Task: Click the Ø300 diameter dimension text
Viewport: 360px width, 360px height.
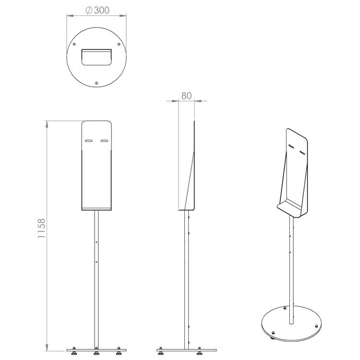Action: (97, 10)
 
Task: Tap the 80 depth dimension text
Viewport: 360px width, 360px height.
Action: (186, 96)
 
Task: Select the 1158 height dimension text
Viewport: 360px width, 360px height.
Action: (41, 228)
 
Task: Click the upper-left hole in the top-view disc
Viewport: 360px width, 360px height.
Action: (74, 44)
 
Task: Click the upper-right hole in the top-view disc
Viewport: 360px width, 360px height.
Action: (119, 44)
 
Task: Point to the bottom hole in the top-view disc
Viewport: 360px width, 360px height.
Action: (96, 83)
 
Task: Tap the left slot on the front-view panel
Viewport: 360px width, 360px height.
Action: (89, 141)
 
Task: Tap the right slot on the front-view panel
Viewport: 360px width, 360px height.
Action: (104, 141)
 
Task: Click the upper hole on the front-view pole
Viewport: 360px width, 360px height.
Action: (96, 242)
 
